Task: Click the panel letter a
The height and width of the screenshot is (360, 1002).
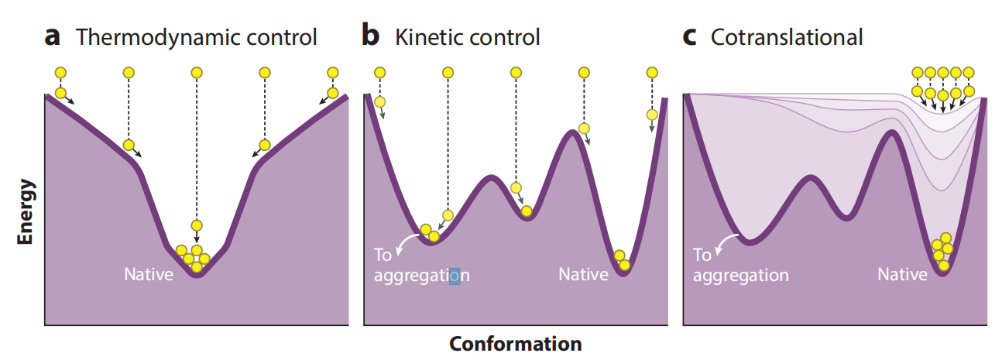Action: coord(52,36)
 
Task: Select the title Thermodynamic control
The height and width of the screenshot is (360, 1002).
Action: coord(196,36)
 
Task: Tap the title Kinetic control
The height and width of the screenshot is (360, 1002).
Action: coord(467,36)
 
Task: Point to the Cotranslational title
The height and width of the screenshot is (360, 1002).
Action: coord(787,36)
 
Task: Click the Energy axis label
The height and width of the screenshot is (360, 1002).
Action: coord(26,211)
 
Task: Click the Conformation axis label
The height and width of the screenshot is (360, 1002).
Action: coord(515,343)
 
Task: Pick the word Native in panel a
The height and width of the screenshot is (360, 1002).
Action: coord(149,274)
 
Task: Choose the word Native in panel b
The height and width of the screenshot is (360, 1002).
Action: coord(583,275)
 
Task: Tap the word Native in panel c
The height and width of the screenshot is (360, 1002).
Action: coord(902,275)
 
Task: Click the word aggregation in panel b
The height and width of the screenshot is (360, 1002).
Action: coord(421,276)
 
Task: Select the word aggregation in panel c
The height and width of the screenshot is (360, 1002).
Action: coord(741,276)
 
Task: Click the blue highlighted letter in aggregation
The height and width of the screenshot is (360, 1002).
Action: coord(455,275)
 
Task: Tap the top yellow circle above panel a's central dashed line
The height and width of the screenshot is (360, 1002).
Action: coord(197,73)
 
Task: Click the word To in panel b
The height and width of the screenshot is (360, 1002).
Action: coord(383,255)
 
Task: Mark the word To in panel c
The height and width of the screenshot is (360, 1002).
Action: coord(702,255)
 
